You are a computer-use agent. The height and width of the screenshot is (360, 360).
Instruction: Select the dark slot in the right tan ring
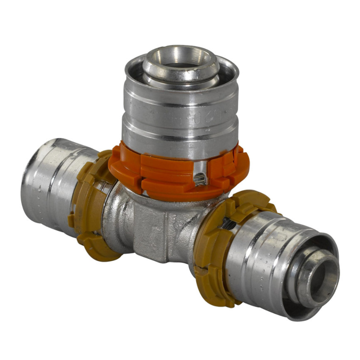227,224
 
